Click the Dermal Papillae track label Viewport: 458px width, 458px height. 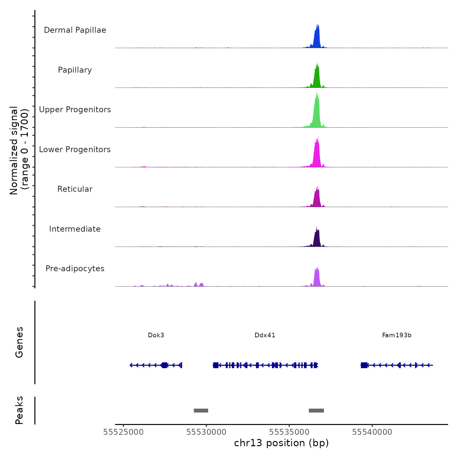click(x=75, y=30)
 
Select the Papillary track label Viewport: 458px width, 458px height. click(x=75, y=70)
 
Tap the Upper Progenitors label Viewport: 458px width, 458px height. click(x=75, y=110)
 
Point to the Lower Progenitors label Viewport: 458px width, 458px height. click(x=75, y=150)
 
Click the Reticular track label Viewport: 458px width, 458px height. click(x=75, y=189)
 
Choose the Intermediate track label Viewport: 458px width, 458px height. click(x=75, y=229)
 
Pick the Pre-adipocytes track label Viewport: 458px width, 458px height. click(x=75, y=269)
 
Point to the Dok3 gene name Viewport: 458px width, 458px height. click(x=156, y=335)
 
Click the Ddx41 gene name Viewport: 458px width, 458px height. click(x=265, y=335)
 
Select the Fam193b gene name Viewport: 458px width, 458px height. click(x=397, y=335)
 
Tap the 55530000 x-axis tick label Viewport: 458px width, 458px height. click(x=206, y=432)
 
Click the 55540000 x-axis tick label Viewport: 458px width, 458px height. click(x=372, y=432)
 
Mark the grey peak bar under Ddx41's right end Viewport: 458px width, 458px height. click(x=316, y=411)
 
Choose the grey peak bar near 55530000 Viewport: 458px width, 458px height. click(x=201, y=411)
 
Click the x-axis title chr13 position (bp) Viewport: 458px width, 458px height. click(x=281, y=443)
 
